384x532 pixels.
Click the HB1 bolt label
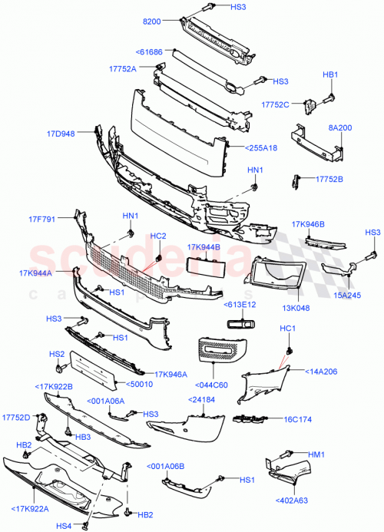[x=329, y=74]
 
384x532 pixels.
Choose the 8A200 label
[x=340, y=130]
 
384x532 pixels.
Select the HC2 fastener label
[x=157, y=236]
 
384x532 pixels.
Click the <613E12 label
[x=240, y=305]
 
